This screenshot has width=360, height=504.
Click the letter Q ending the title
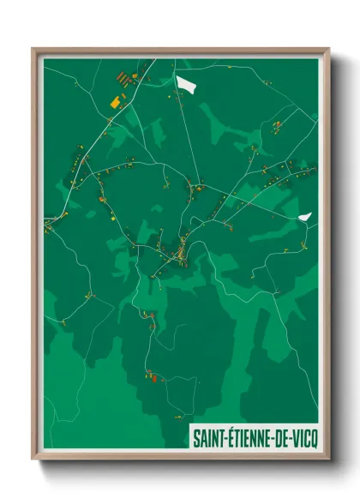pos(313,437)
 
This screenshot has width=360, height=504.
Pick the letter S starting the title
pos(195,437)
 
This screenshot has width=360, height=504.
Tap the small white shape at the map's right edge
pos(305,218)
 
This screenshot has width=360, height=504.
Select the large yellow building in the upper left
pos(115,102)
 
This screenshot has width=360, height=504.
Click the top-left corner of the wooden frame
pos(33,49)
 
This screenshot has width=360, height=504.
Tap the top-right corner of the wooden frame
pos(328,49)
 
